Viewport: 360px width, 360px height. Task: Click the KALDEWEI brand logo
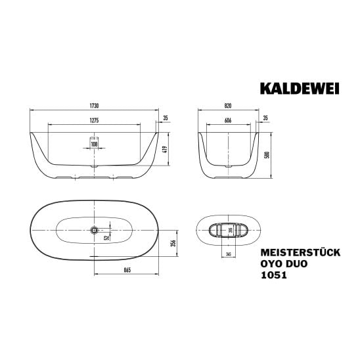coord(300,89)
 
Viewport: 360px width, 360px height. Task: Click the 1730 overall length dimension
coord(94,106)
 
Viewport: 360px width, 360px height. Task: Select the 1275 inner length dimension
coord(94,120)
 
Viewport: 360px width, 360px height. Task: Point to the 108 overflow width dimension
coord(94,144)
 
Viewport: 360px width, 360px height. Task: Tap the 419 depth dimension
coord(166,149)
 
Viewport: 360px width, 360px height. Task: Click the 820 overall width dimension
coord(228,106)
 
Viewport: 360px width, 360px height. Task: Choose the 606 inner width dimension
coord(228,120)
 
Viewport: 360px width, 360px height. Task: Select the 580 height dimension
coord(267,155)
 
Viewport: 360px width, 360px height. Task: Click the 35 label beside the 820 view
coord(265,118)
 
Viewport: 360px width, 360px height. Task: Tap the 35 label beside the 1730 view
coord(166,118)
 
